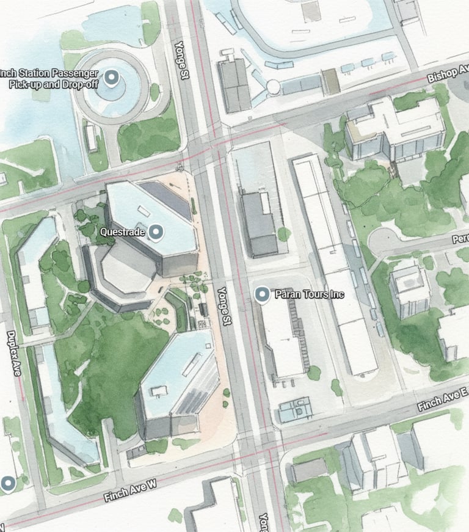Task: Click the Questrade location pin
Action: (x=157, y=231)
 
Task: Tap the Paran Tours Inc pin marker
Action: (x=262, y=295)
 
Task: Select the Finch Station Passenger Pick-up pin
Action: (x=111, y=78)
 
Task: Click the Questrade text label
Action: (x=122, y=232)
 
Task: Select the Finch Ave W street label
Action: (x=130, y=490)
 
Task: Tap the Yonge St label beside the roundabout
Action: (x=180, y=60)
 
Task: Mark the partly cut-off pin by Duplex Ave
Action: (x=7, y=484)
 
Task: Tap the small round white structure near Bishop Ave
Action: (x=273, y=86)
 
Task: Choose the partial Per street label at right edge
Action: (x=460, y=239)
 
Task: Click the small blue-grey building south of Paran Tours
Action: (x=295, y=409)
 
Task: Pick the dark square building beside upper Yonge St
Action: (x=234, y=85)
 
